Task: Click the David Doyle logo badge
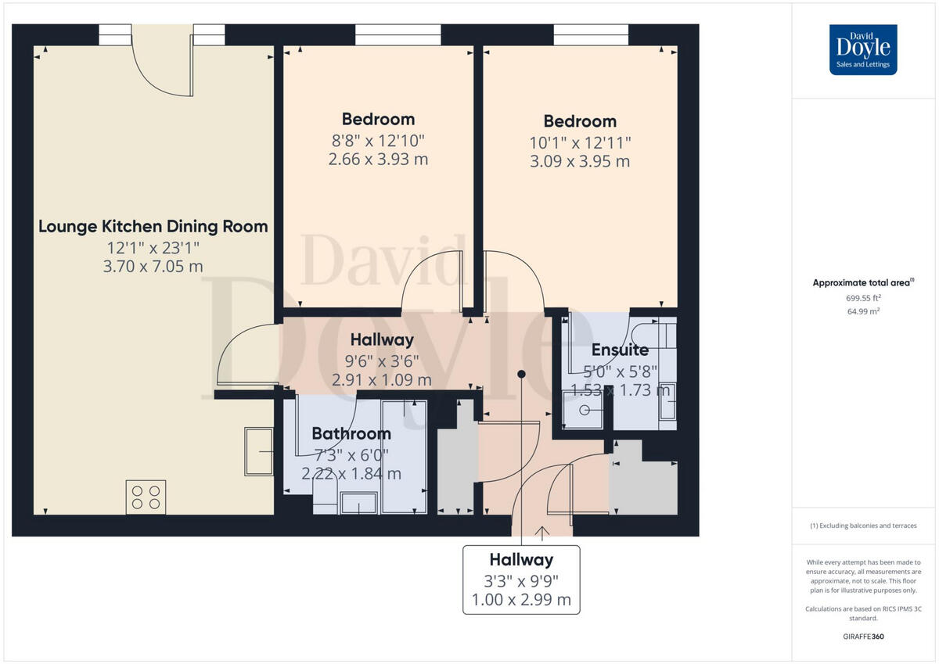[x=863, y=50]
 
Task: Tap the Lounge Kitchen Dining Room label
[x=153, y=227]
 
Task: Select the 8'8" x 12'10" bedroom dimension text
[x=378, y=141]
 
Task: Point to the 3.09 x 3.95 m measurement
[x=580, y=162]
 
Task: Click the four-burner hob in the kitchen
[x=146, y=497]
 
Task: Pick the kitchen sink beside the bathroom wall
[x=258, y=451]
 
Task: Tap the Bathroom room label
[x=351, y=433]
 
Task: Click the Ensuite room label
[x=620, y=350]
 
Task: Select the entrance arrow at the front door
[x=541, y=533]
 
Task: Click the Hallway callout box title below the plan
[x=521, y=560]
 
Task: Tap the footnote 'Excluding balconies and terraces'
[x=863, y=526]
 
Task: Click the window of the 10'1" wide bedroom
[x=591, y=34]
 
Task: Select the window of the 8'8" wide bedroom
[x=398, y=34]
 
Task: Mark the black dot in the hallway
[x=521, y=375]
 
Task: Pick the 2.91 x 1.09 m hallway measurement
[x=382, y=380]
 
